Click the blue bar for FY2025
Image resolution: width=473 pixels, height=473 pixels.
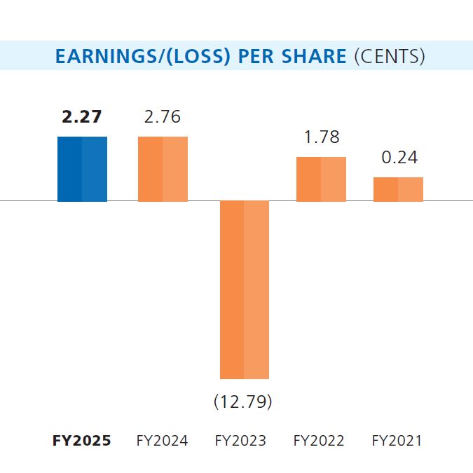coord(82,169)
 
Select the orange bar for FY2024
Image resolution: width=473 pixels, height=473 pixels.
coord(163,169)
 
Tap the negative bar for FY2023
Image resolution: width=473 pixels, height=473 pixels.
coord(245,289)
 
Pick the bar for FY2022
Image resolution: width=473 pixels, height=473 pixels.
coord(321,179)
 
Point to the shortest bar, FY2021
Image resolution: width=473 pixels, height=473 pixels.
coord(398,189)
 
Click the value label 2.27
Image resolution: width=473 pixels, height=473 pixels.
coord(82,117)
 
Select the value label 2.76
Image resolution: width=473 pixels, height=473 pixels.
coord(163,117)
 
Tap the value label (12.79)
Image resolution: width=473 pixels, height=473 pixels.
coord(242,402)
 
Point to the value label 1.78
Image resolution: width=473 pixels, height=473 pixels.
coord(322,137)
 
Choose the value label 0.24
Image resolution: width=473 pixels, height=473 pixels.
coord(399,158)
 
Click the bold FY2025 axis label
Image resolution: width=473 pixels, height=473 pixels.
coord(82,441)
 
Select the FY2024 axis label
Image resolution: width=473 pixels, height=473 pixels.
coord(162,441)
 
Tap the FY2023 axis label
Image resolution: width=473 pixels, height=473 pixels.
coord(240,441)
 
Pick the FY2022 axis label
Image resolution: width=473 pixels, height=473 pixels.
coord(319,441)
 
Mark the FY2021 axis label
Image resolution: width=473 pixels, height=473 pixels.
coord(397,441)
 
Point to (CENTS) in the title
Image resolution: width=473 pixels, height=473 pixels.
coord(390,56)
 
